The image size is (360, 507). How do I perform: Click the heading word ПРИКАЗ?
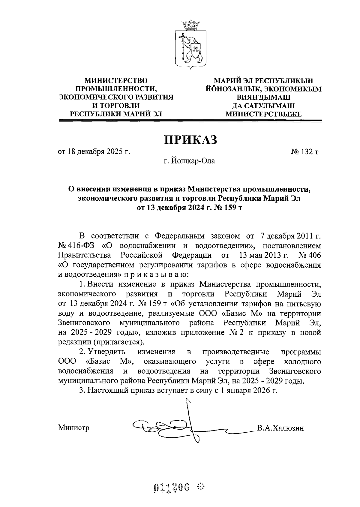[x=190, y=140]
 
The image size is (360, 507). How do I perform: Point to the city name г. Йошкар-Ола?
[x=189, y=161]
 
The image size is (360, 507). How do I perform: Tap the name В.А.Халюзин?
[x=280, y=428]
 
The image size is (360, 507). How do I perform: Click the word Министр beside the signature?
[x=74, y=428]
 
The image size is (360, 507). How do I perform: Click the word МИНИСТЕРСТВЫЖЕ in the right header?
[x=263, y=114]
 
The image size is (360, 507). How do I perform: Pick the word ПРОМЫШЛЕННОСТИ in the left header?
[x=116, y=89]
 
